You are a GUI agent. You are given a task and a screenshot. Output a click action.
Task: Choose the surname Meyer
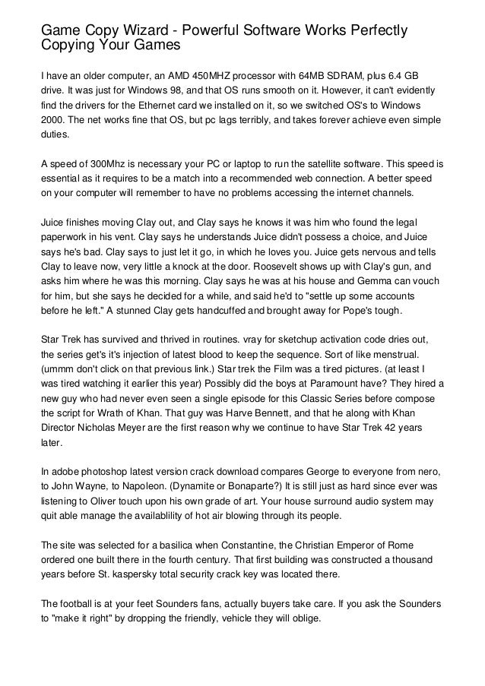pyautogui.click(x=144, y=419)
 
